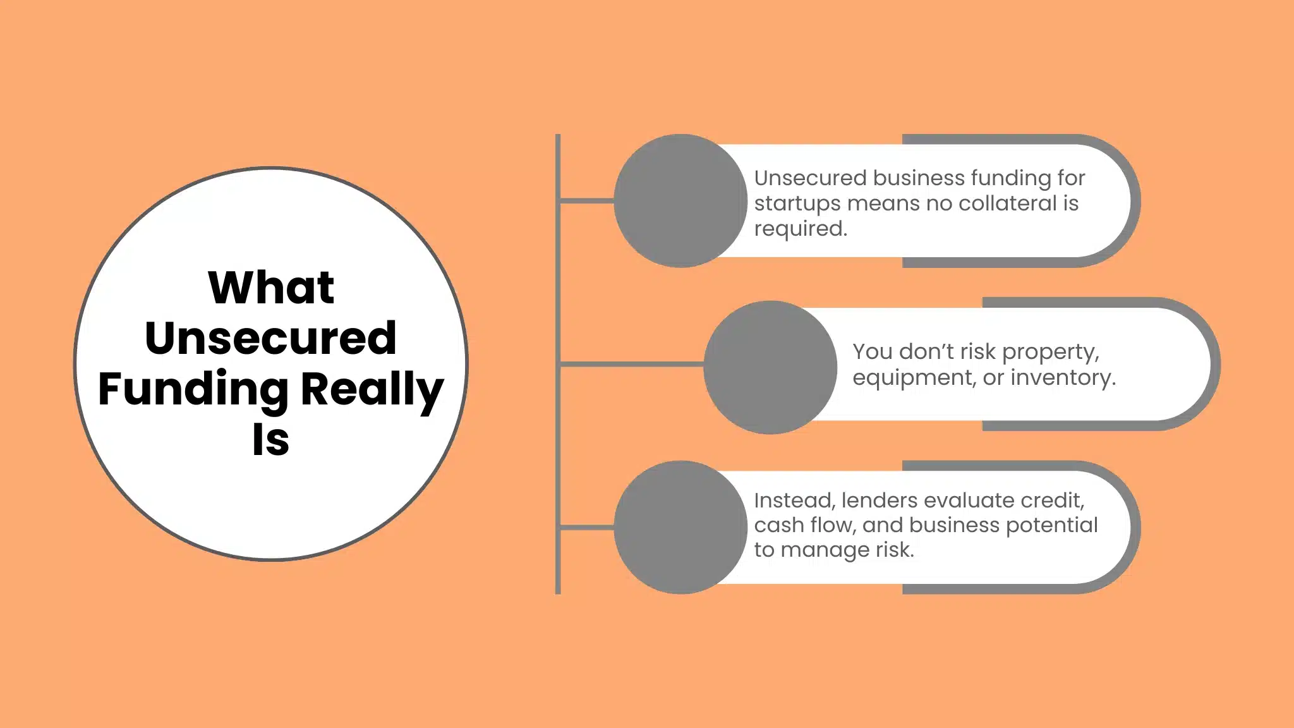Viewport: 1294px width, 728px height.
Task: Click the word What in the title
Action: coord(270,288)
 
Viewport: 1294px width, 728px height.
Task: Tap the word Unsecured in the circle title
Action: coord(270,338)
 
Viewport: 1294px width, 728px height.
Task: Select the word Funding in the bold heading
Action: coord(193,389)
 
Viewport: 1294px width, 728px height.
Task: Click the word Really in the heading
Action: coord(372,389)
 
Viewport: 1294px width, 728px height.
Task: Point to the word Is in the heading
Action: coord(270,440)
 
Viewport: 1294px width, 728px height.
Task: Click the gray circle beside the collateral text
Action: coord(680,200)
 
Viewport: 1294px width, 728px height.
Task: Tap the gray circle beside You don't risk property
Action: coord(770,367)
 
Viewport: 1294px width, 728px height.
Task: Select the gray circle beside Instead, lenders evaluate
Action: coord(680,527)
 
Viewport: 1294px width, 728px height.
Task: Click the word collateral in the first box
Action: coord(1007,203)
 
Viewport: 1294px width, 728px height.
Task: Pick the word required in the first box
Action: coord(800,229)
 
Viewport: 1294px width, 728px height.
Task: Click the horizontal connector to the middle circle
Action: coord(632,364)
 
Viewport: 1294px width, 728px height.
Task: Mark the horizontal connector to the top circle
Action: coord(587,200)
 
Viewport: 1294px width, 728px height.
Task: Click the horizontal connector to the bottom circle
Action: coord(587,526)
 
